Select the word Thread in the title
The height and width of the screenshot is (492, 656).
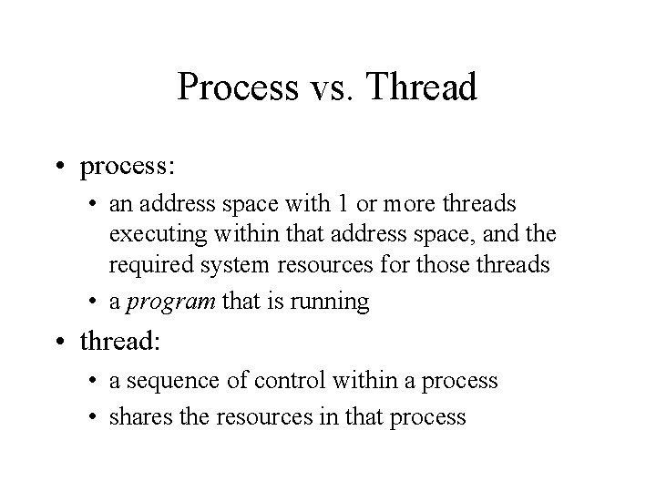pos(424,88)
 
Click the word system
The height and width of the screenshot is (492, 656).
pos(236,264)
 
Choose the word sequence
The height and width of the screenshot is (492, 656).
pos(170,380)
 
